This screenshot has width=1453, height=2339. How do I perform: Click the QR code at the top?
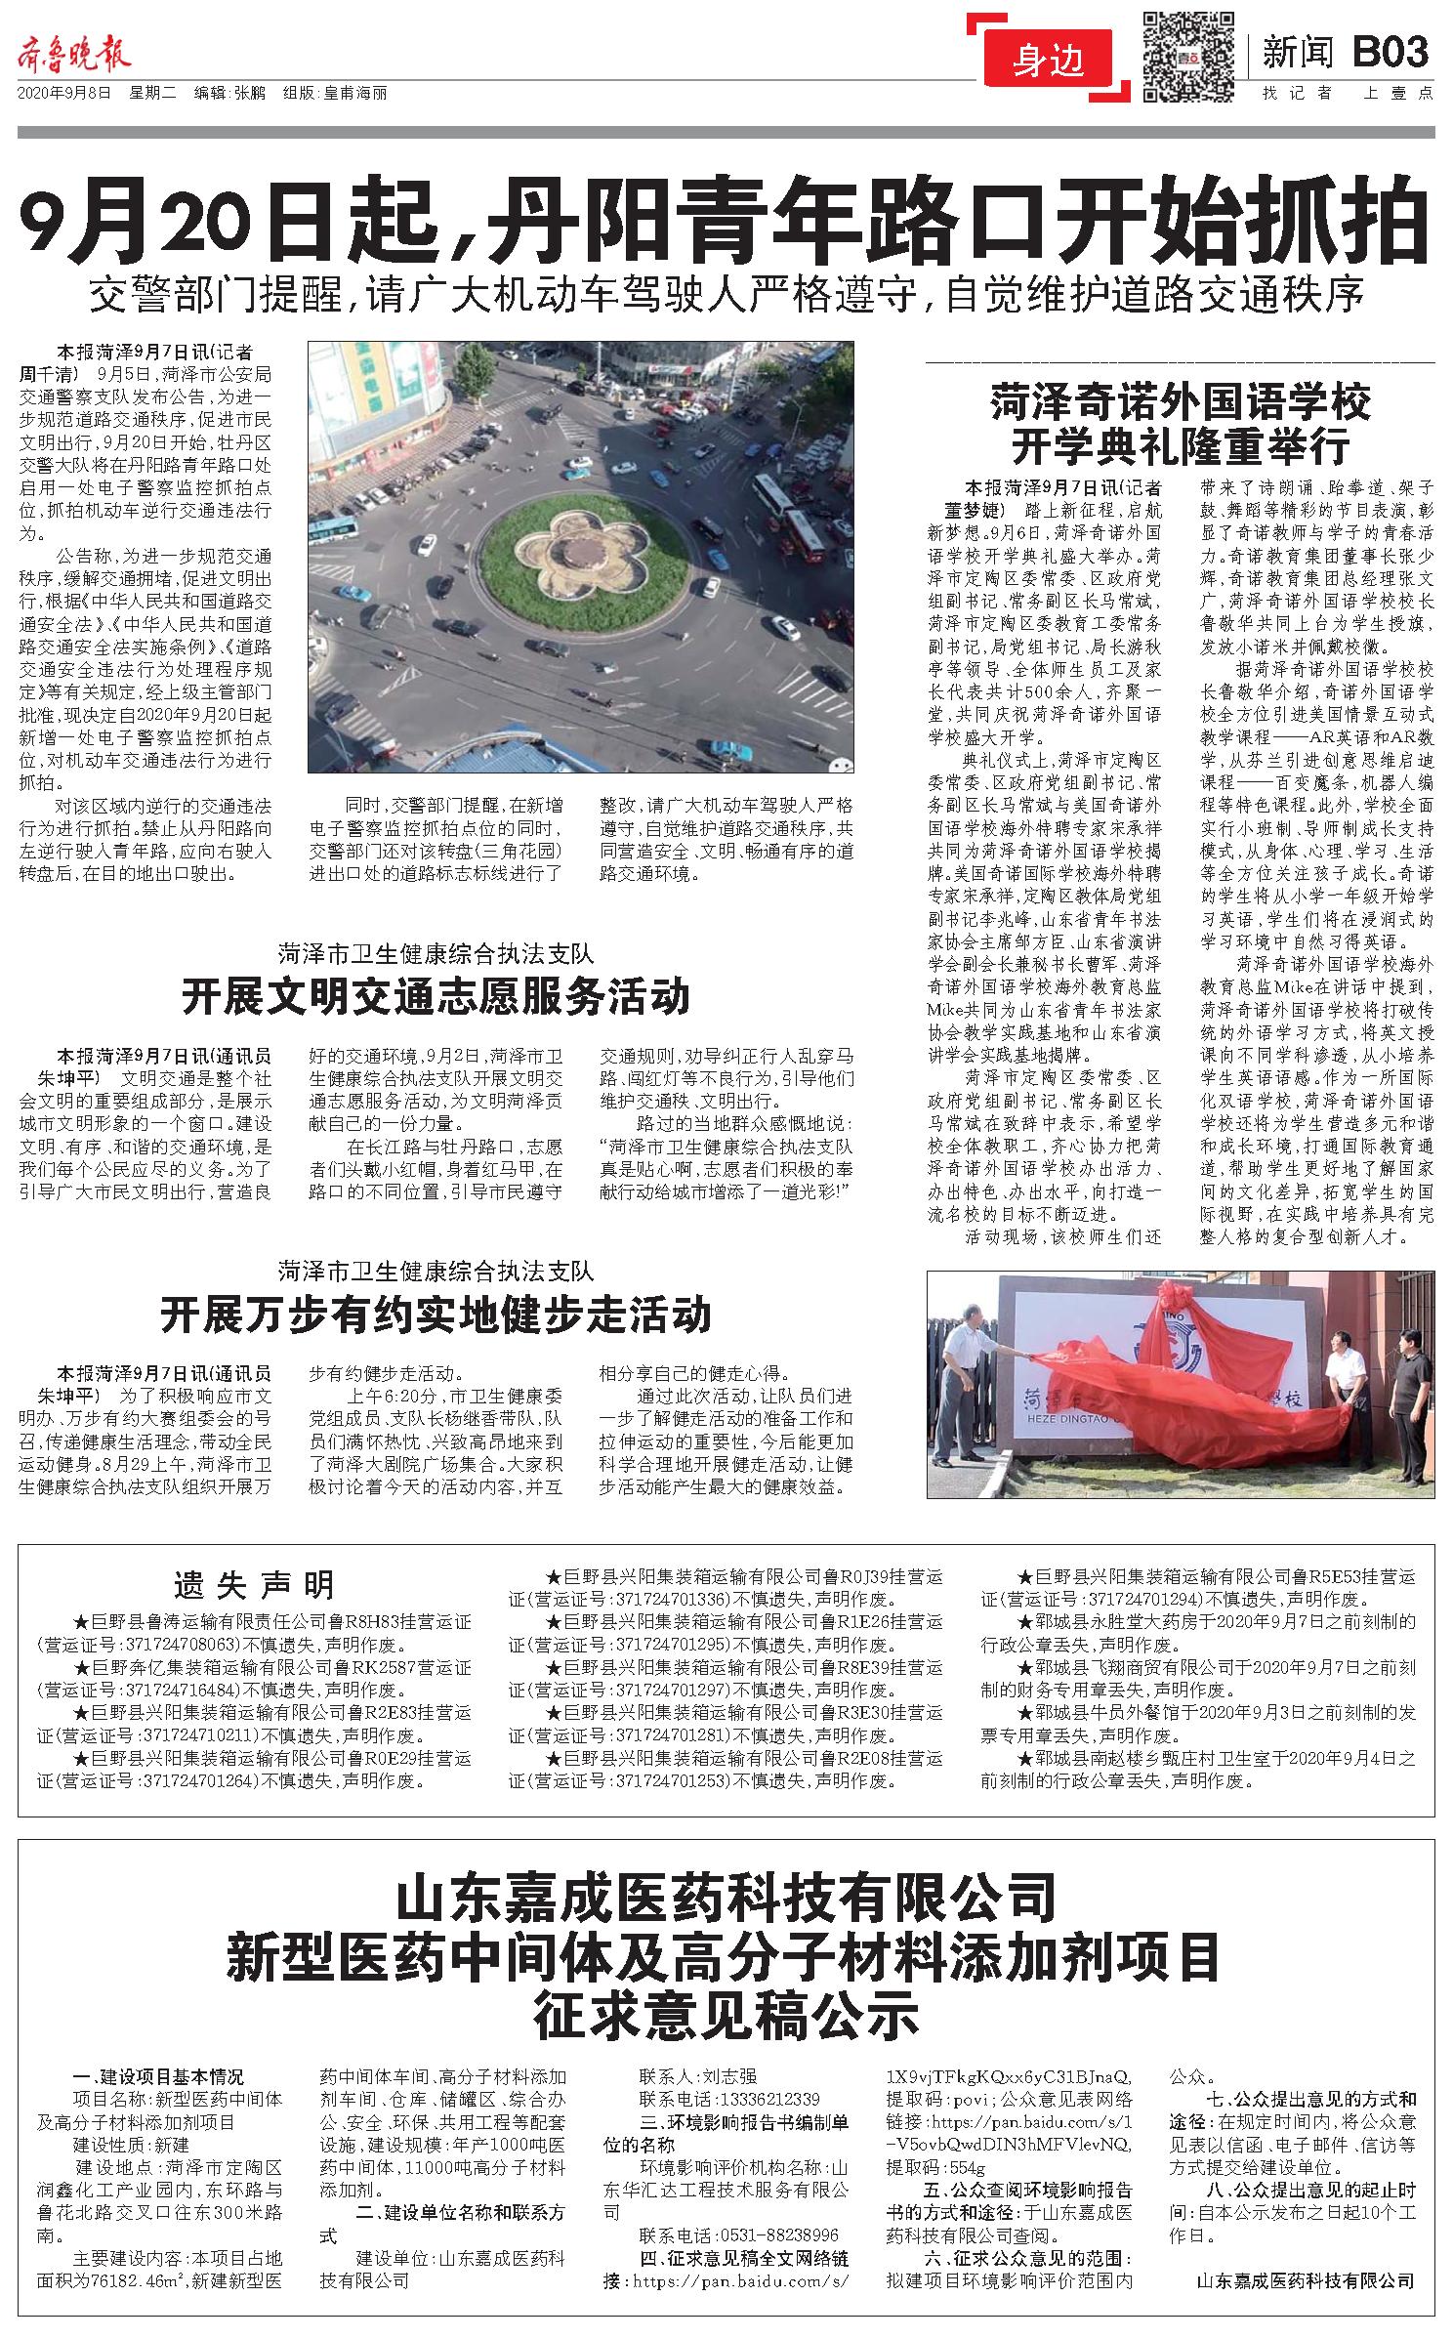click(1187, 56)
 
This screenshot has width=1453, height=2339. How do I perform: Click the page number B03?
click(1391, 53)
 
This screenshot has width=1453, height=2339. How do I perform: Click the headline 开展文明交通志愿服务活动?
click(436, 997)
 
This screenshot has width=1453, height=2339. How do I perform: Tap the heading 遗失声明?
click(253, 1584)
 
